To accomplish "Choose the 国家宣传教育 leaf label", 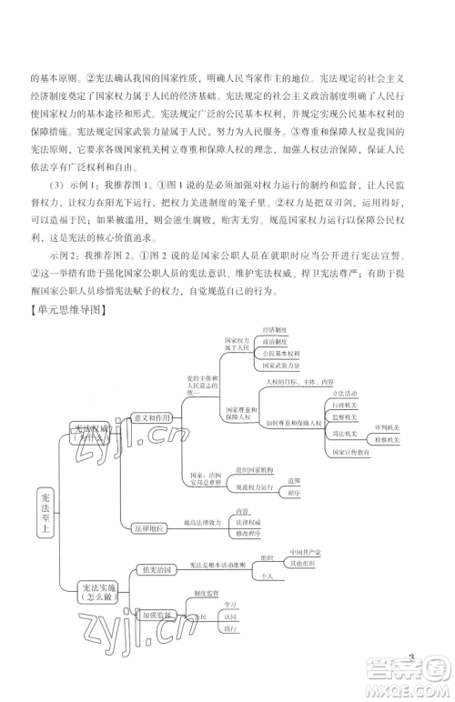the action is coord(350,452).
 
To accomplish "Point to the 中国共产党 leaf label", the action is coord(303,551).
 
